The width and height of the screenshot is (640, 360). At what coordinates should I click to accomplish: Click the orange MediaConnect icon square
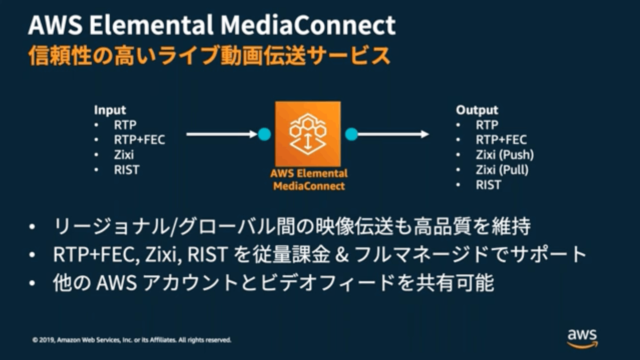click(x=308, y=133)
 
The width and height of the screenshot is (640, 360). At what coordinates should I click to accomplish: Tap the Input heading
click(x=110, y=110)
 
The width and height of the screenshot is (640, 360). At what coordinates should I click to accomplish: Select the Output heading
click(x=477, y=110)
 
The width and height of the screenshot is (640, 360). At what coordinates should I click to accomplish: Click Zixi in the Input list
click(x=124, y=155)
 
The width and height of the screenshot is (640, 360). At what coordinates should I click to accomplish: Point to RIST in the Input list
click(x=127, y=170)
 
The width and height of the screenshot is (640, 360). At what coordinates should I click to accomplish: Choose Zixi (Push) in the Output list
click(x=505, y=155)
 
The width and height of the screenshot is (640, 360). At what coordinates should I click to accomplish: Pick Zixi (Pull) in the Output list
click(x=502, y=170)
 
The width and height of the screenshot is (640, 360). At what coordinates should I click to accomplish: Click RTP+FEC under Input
click(x=139, y=140)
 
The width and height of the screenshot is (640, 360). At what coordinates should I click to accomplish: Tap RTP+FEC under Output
click(x=501, y=140)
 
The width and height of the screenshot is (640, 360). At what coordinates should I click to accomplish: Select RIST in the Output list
click(x=488, y=185)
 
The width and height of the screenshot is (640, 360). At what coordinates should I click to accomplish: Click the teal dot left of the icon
click(x=264, y=134)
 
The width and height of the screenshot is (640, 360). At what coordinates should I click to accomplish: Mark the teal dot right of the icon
click(x=351, y=134)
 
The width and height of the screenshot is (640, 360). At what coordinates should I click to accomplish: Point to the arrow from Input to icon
click(x=222, y=134)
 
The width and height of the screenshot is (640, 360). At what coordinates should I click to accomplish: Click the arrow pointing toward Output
click(x=393, y=134)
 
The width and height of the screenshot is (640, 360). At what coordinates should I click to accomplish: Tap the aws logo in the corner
click(x=582, y=339)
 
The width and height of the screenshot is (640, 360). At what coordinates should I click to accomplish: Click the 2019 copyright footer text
click(x=132, y=340)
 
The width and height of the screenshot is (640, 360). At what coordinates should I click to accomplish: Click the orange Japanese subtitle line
click(x=209, y=56)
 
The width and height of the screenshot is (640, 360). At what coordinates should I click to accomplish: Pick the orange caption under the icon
click(x=309, y=179)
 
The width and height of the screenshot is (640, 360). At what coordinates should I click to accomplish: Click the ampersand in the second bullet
click(x=342, y=254)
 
